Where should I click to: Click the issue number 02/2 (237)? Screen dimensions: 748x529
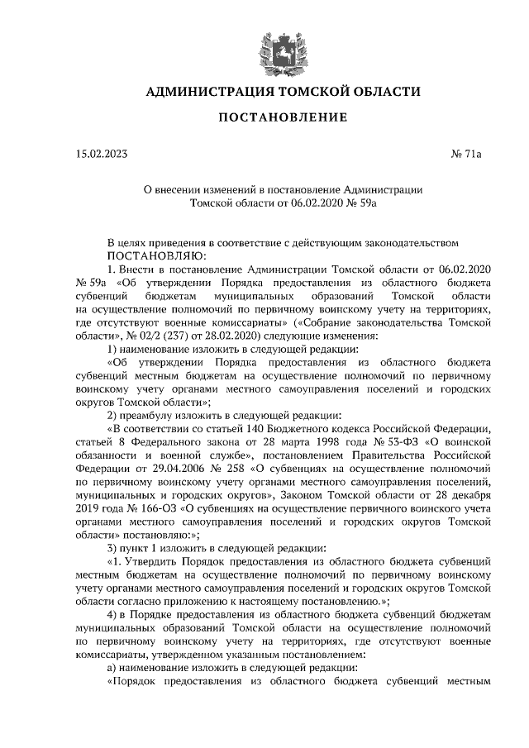click(x=169, y=336)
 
